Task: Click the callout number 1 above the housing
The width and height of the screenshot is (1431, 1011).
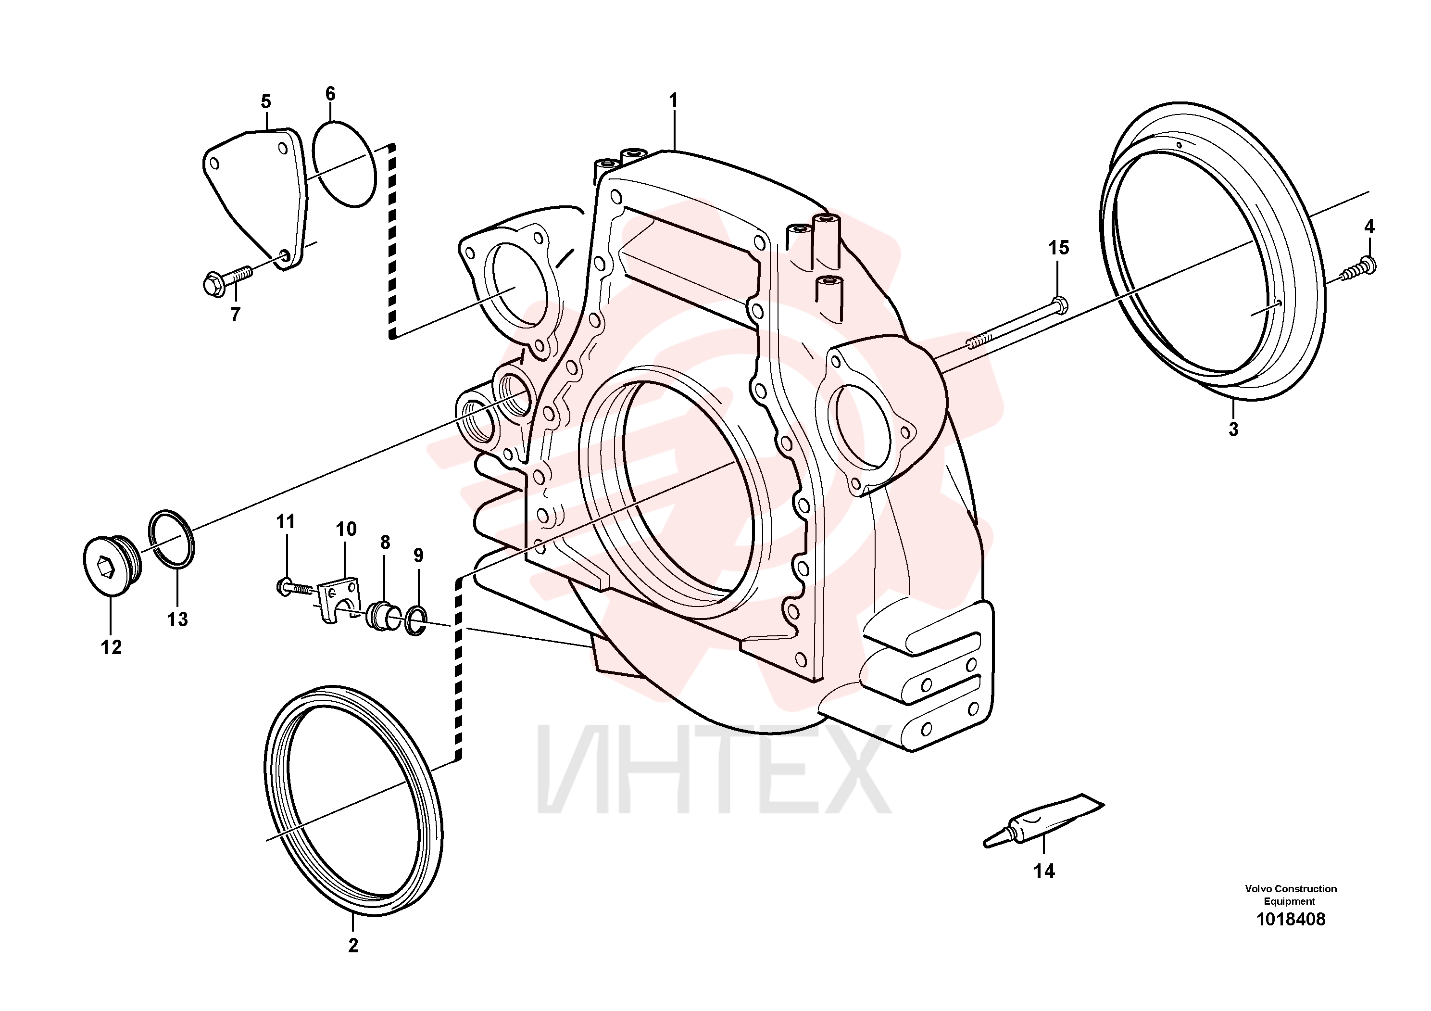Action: pos(673,101)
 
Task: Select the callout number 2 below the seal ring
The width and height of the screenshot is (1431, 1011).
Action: pos(353,946)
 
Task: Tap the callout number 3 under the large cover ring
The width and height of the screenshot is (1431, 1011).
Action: pos(1233,429)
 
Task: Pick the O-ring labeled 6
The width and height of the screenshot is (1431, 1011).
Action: pos(344,164)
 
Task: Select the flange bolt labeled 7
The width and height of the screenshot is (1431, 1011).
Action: pos(227,280)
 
